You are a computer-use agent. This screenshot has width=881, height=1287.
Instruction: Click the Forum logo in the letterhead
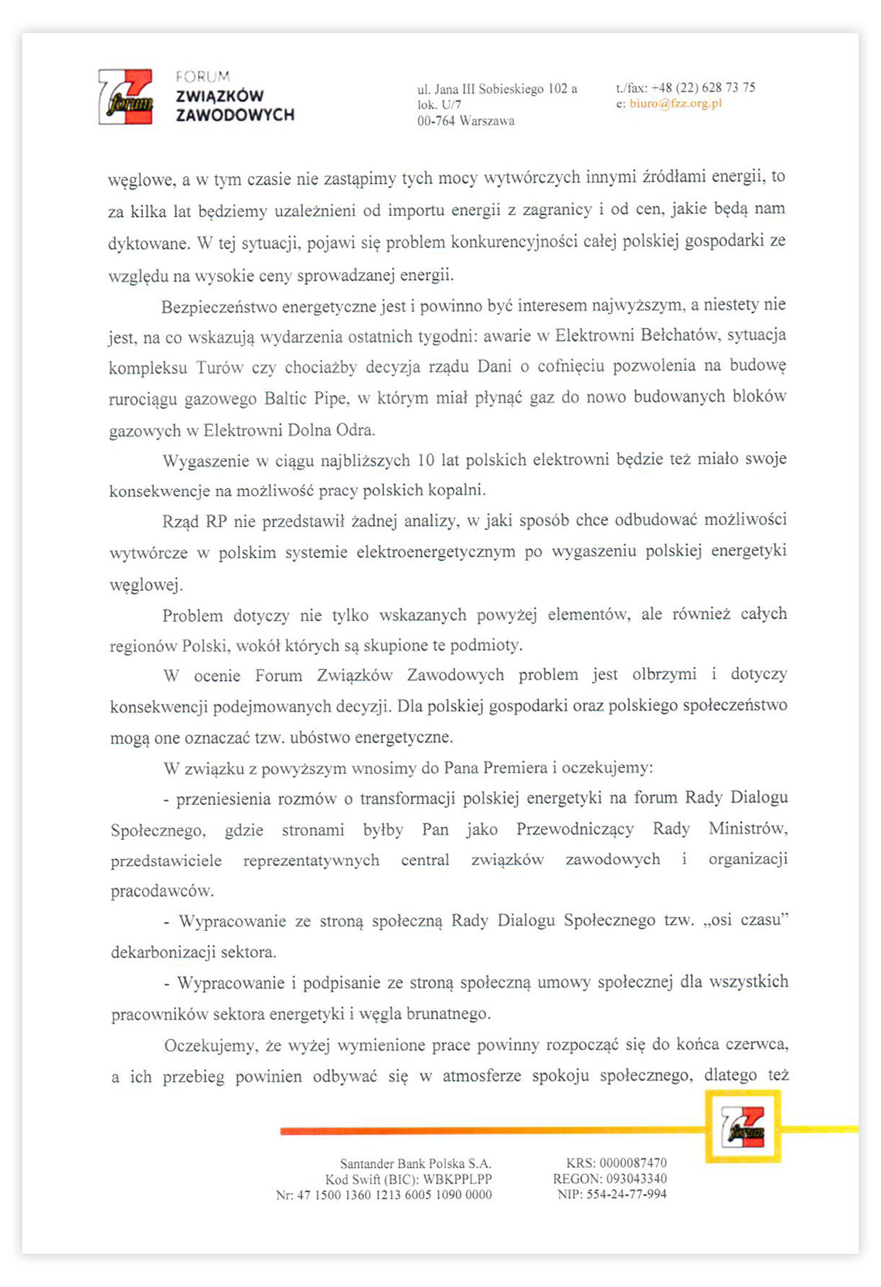[x=126, y=97]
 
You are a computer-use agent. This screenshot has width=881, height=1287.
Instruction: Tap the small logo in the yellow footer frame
[x=743, y=1126]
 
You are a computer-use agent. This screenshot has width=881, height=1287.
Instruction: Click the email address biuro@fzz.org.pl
[x=675, y=104]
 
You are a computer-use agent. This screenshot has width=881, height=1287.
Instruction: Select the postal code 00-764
[x=436, y=121]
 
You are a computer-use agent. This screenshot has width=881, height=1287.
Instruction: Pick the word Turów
[x=219, y=368]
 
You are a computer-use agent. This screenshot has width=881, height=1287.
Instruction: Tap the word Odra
[x=355, y=430]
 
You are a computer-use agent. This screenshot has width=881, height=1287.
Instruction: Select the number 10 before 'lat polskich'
[x=425, y=460]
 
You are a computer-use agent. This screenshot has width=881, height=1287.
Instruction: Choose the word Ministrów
[x=747, y=829]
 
